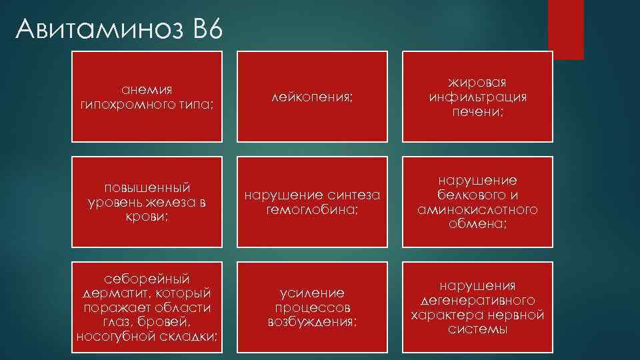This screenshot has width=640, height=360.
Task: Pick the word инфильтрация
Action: (x=477, y=97)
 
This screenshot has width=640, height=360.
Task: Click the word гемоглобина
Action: (x=312, y=209)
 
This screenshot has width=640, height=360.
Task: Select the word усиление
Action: (x=312, y=293)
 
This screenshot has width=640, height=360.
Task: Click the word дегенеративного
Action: (x=477, y=300)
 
